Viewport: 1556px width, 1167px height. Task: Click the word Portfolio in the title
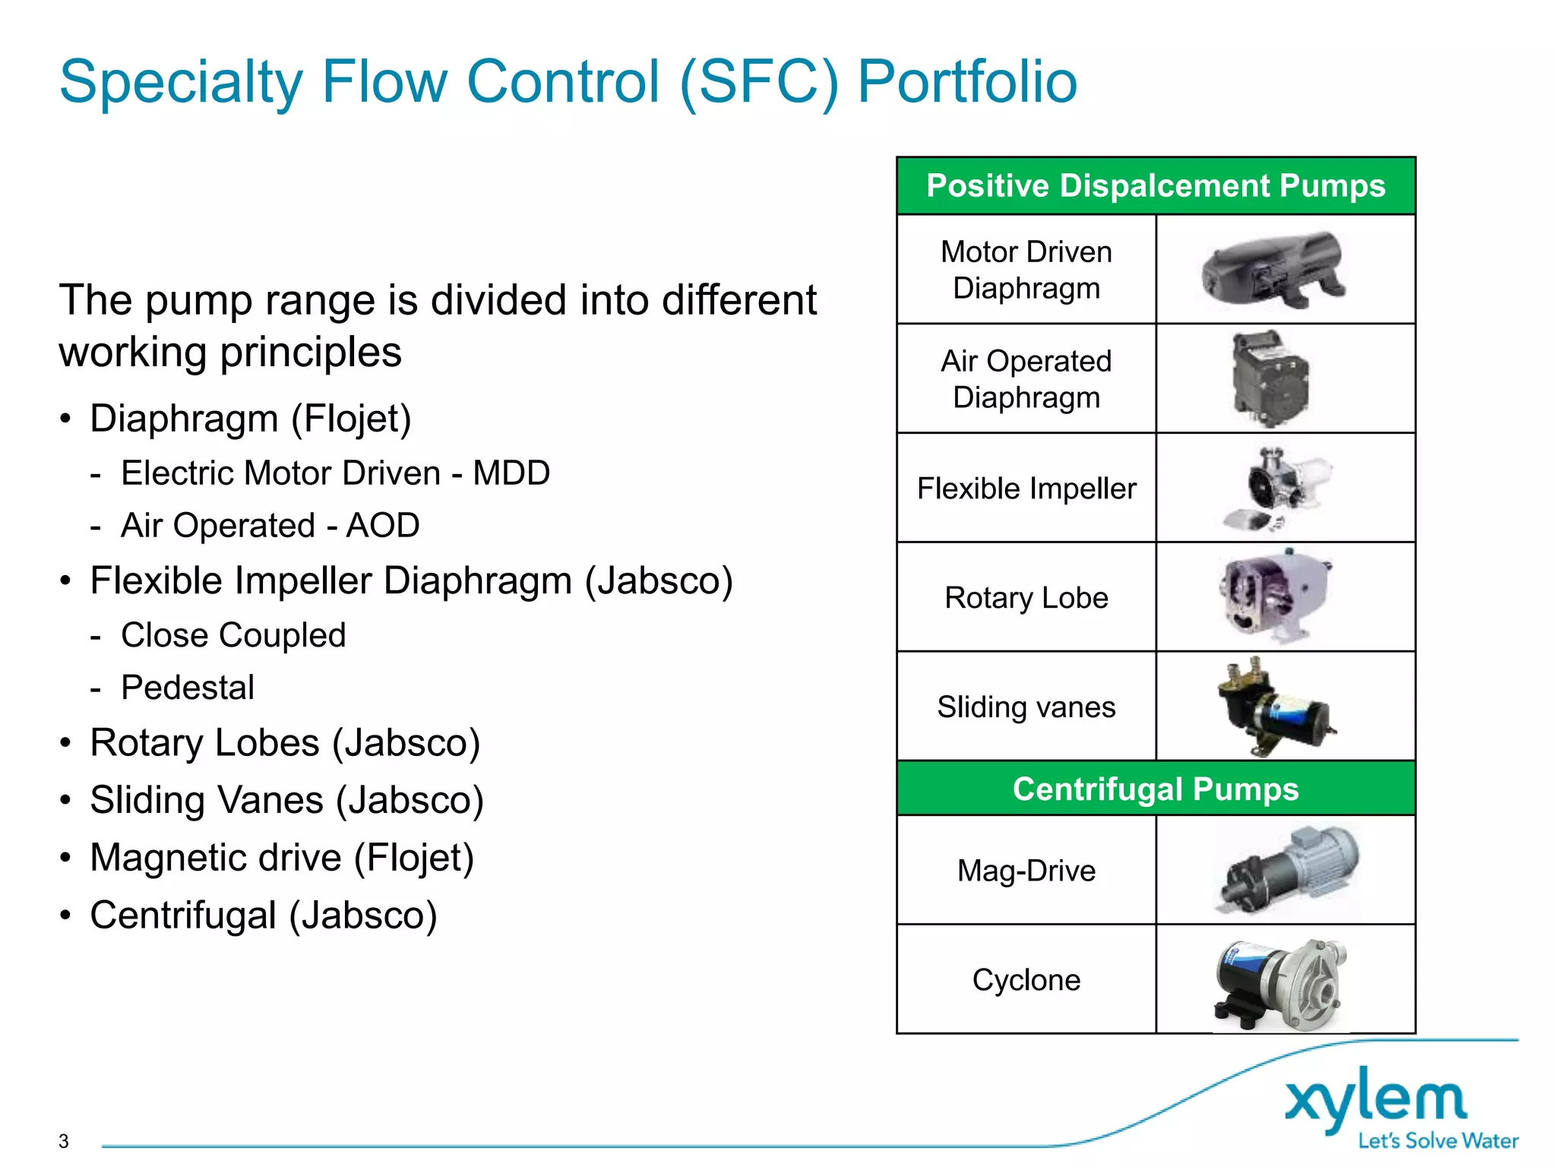coord(966,82)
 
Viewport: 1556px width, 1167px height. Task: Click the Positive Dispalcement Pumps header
coord(1156,186)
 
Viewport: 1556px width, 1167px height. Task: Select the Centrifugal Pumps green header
coord(1156,789)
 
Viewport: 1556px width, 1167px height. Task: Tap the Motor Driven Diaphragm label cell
coord(1026,270)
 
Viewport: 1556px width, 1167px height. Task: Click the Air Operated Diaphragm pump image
coord(1270,378)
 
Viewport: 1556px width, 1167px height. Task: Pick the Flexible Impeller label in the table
coord(1026,489)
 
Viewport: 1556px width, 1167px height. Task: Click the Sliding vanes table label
coord(1026,707)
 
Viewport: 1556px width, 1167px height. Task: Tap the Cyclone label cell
coord(1026,979)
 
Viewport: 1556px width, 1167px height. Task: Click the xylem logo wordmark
coord(1375,1099)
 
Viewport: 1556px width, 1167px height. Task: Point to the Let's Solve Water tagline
coord(1437,1141)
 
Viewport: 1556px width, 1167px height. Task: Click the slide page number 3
coord(64,1141)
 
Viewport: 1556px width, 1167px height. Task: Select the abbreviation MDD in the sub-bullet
coord(511,473)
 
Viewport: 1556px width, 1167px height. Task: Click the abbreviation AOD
coord(383,526)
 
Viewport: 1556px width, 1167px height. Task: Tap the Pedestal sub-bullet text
coord(188,688)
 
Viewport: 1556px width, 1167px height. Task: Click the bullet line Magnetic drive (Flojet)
coord(282,858)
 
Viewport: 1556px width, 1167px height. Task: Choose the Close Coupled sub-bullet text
coord(233,635)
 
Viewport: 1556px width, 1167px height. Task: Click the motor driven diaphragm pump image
coord(1273,270)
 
